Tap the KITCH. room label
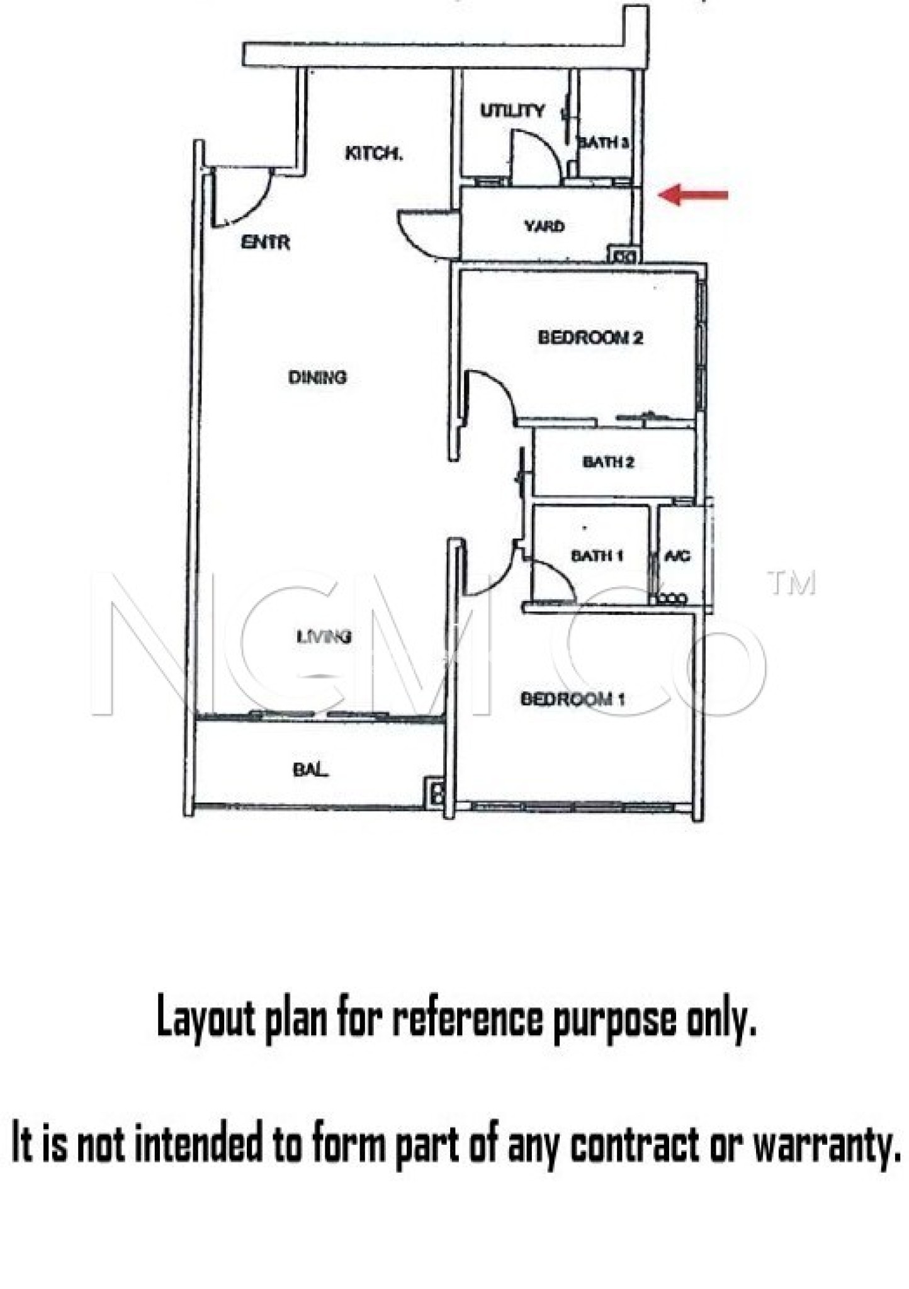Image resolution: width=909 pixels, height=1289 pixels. pos(374,153)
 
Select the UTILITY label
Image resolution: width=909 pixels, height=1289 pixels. pos(512,111)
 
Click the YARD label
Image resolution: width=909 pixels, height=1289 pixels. pos(545,225)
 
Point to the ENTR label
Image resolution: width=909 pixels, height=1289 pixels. pos(266,242)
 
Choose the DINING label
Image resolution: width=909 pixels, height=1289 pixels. pos(317,377)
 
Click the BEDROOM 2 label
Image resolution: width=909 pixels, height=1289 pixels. pos(590,337)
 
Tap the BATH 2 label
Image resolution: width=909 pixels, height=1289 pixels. pos(608,462)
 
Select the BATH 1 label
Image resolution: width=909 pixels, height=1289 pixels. pos(597,556)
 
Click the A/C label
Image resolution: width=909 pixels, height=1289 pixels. pos(678,556)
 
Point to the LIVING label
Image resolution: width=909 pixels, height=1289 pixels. pos(324,637)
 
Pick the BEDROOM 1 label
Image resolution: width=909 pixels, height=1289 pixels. pos(573,699)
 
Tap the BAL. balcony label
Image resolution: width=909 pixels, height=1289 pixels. pos(310,769)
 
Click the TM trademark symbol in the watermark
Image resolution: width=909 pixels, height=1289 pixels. pos(793,583)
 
